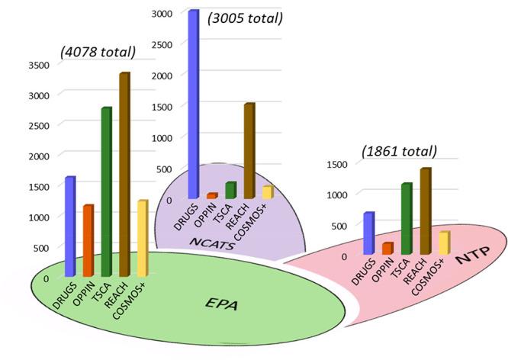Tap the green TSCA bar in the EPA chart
click(x=107, y=191)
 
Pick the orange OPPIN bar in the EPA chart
click(x=88, y=240)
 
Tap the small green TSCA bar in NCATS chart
click(x=230, y=190)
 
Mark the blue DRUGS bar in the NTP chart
click(x=369, y=233)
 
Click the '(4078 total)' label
click(x=98, y=53)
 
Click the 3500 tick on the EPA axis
click(x=39, y=65)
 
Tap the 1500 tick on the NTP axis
click(x=336, y=163)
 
